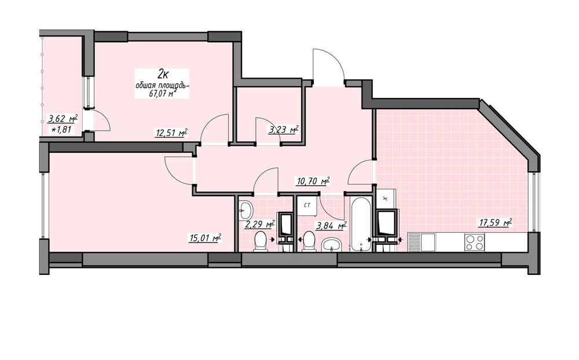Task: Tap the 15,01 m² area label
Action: point(205,238)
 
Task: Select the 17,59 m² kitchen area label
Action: point(496,222)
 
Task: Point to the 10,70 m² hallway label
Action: point(313,181)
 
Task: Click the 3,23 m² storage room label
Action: point(283,130)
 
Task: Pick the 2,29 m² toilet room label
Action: point(261,225)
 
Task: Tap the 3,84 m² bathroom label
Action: point(331,225)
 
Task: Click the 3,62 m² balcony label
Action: point(63,119)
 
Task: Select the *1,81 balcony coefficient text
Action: point(61,129)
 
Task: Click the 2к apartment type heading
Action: point(163,75)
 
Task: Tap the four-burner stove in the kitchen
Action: point(475,243)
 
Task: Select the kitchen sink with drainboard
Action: point(422,243)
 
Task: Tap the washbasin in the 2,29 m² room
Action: point(245,211)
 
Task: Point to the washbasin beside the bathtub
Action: point(334,245)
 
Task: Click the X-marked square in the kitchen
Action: point(386,199)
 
